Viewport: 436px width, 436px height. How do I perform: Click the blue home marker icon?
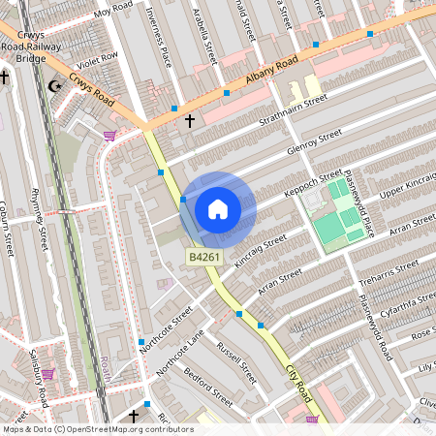tap(218, 208)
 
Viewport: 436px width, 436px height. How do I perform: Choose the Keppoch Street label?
tap(313, 185)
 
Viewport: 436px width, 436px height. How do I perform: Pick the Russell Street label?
tap(236, 359)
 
